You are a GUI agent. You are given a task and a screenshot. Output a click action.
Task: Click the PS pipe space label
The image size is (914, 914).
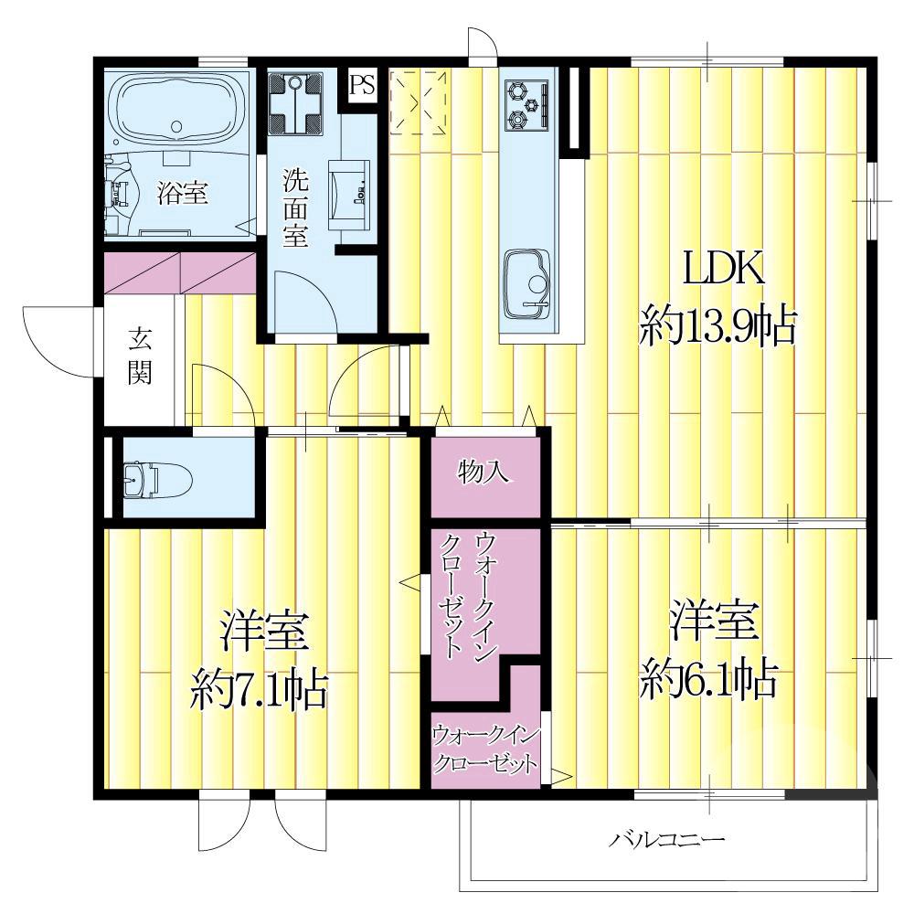click(362, 85)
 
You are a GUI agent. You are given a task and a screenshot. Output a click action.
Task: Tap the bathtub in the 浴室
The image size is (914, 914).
click(178, 109)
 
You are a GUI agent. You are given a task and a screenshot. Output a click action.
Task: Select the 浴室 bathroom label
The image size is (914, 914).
click(183, 192)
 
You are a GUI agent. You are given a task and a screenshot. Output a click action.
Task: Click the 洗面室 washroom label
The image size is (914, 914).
click(295, 208)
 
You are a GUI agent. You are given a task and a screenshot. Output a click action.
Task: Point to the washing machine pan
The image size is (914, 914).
click(295, 104)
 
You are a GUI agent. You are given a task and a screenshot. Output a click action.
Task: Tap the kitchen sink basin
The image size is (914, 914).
click(527, 283)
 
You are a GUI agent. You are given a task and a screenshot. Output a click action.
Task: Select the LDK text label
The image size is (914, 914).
click(723, 270)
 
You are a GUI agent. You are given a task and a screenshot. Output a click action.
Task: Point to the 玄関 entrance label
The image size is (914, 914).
click(140, 356)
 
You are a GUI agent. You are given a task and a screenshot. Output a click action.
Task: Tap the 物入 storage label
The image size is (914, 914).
click(484, 471)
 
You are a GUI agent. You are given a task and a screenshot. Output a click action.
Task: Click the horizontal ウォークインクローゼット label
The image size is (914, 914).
click(485, 749)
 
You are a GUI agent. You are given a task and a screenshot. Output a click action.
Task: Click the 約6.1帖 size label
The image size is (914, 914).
click(708, 680)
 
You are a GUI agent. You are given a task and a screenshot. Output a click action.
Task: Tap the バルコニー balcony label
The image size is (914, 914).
click(667, 840)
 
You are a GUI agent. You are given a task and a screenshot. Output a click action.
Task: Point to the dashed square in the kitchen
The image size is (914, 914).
click(418, 102)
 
